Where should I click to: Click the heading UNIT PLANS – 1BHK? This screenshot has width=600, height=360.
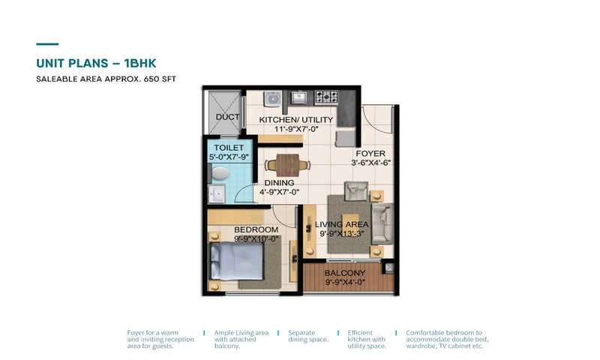[x=96, y=63]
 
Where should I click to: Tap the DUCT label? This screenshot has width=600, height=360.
[x=228, y=117]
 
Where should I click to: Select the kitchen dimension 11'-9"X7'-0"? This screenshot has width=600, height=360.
[x=296, y=129]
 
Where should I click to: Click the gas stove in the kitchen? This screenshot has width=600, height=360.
[x=326, y=97]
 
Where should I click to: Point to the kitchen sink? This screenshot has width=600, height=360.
[x=298, y=97]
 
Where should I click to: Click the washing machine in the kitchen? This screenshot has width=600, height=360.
[x=273, y=98]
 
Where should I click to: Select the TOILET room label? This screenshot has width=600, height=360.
[x=229, y=148]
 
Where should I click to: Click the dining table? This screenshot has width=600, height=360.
[x=287, y=165]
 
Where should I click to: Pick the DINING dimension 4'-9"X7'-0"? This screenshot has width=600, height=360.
[x=279, y=192]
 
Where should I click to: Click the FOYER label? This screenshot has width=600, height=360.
[x=370, y=154]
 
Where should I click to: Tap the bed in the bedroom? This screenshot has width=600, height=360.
[x=237, y=262]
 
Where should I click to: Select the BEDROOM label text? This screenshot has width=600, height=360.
[x=256, y=229]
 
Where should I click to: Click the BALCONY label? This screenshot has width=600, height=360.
[x=345, y=273]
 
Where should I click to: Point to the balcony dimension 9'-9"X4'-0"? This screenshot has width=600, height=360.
[x=345, y=283]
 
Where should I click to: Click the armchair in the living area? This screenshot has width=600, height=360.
[x=356, y=191]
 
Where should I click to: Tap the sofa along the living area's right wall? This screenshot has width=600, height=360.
[x=382, y=223]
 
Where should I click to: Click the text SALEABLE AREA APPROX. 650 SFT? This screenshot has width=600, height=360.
[x=106, y=79]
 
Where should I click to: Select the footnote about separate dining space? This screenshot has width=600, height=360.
[x=308, y=336]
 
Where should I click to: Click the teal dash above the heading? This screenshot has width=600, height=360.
[x=47, y=44]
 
